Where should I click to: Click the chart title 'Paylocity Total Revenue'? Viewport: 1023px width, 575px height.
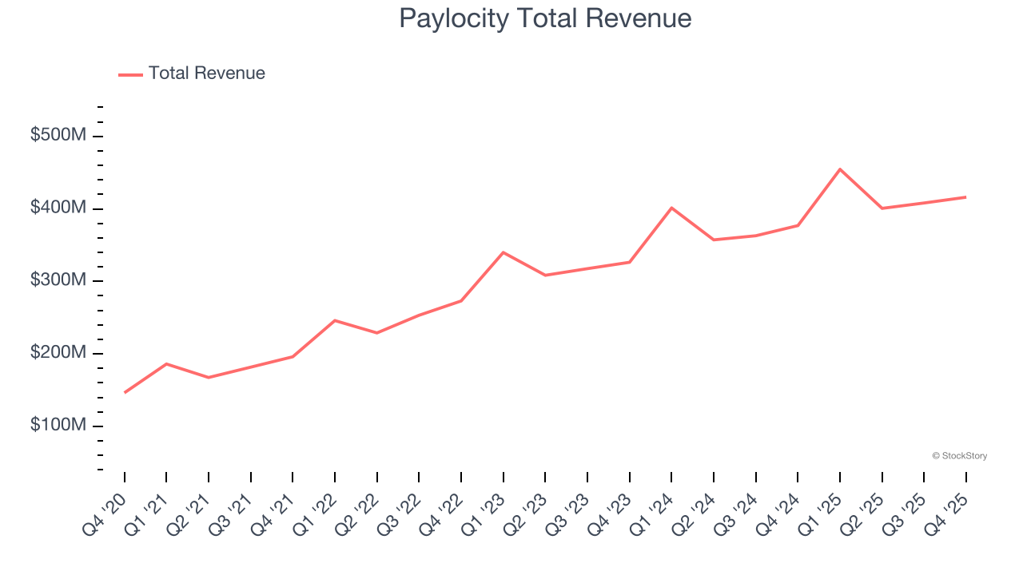click(x=545, y=18)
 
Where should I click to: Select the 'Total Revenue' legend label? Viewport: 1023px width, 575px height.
click(x=206, y=73)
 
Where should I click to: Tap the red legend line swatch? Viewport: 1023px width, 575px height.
click(x=130, y=74)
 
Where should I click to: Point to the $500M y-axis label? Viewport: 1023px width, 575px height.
click(x=58, y=136)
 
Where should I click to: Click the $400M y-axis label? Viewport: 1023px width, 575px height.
click(x=58, y=208)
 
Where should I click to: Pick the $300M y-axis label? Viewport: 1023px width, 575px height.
click(x=58, y=281)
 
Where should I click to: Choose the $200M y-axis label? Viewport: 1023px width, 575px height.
click(x=58, y=353)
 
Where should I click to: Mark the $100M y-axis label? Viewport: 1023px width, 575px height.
click(x=58, y=426)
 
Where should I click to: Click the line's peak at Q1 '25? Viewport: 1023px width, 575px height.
click(x=840, y=169)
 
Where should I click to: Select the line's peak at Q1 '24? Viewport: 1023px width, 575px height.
click(x=671, y=208)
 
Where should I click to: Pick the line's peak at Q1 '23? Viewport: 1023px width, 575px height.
click(x=503, y=252)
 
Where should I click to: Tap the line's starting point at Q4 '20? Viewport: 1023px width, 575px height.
click(x=125, y=392)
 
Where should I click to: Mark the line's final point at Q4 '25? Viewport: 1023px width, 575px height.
click(x=965, y=197)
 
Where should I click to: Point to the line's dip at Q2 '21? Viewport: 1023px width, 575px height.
click(x=209, y=377)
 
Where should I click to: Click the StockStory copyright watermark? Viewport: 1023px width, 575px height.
click(x=959, y=456)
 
